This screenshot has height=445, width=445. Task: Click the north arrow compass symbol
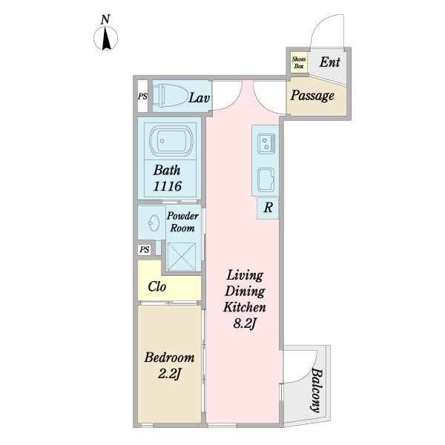105,39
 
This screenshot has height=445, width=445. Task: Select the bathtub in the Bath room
171,141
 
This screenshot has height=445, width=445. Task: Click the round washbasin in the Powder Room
154,223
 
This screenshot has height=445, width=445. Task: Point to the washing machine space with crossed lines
182,257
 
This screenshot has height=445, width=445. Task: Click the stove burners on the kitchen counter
266,144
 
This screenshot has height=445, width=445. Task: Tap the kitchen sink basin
266,179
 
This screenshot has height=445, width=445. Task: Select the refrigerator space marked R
268,208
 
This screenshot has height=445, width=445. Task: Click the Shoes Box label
299,63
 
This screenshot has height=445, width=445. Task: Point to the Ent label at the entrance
330,62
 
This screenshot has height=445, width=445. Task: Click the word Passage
312,96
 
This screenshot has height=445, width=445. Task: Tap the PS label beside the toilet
142,96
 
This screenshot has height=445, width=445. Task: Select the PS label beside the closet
145,250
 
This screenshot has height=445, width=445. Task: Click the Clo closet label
157,286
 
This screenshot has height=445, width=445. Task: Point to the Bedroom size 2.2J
169,375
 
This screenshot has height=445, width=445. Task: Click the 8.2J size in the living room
245,323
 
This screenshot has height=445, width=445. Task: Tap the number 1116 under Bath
168,186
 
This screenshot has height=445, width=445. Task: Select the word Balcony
316,390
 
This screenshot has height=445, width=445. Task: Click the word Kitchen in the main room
245,307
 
